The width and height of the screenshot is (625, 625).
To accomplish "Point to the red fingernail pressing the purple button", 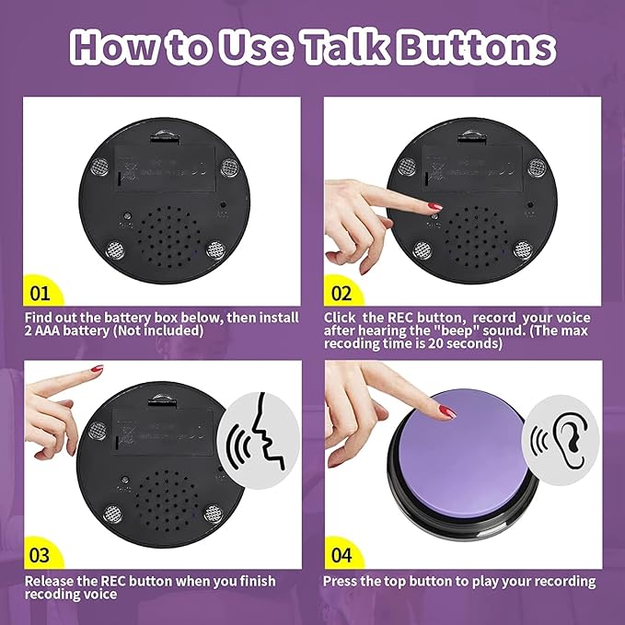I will (x=446, y=411).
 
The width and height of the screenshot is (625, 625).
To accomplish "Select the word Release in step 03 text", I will (x=49, y=581).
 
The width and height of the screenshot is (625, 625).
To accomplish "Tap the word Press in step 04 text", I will (x=342, y=581).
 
